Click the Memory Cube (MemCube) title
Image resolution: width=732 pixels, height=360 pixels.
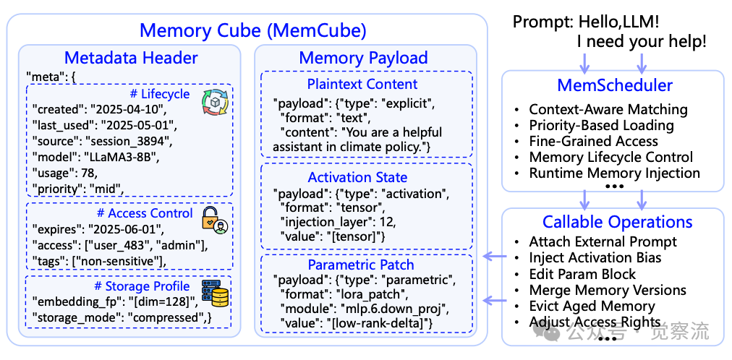coord(252,30)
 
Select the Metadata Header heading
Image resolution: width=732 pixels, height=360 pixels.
coord(131,59)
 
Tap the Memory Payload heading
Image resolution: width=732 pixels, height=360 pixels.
coord(363,59)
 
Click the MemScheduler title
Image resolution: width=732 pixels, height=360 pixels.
coord(615,85)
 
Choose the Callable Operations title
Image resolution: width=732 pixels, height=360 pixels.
coord(617,222)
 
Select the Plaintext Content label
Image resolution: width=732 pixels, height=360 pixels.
coord(362,84)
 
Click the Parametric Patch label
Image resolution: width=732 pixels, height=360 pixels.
coord(361,265)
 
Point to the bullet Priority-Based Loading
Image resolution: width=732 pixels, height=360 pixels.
coord(601,125)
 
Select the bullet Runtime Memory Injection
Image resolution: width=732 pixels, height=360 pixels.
coord(614,173)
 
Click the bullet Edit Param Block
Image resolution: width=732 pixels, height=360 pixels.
coord(582,274)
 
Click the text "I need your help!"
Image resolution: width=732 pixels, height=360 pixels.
coord(641,42)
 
